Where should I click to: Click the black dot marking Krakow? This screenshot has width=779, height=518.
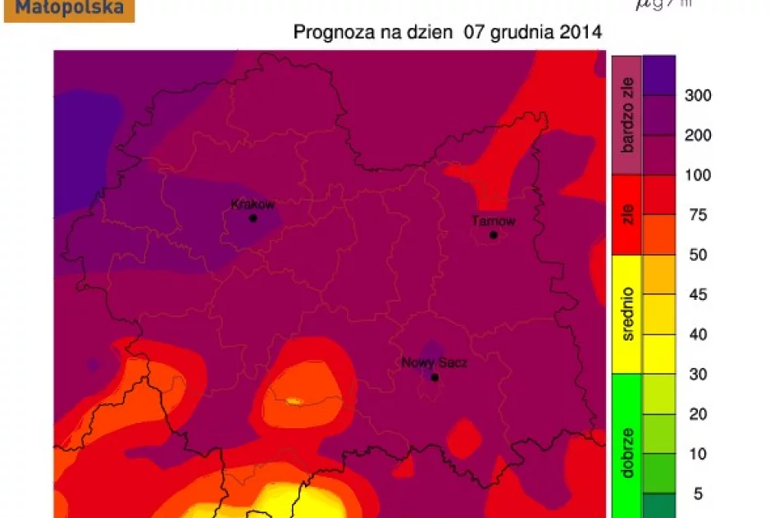click(253, 218)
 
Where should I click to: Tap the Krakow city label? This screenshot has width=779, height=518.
click(253, 205)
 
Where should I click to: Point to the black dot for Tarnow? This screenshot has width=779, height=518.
click(494, 235)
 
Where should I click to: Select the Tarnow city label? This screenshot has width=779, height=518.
click(494, 221)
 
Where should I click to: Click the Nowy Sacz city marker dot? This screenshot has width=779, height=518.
click(435, 377)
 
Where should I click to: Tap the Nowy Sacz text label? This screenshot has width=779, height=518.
click(435, 363)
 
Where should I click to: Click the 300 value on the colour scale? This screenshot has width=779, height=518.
click(698, 96)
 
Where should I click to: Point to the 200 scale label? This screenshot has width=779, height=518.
click(698, 135)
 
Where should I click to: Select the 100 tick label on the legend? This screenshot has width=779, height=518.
click(698, 175)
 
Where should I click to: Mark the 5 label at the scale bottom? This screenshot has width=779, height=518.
click(698, 493)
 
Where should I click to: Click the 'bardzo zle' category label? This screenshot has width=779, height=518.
click(627, 115)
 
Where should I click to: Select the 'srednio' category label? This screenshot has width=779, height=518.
click(627, 314)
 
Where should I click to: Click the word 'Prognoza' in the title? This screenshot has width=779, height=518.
click(330, 34)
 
